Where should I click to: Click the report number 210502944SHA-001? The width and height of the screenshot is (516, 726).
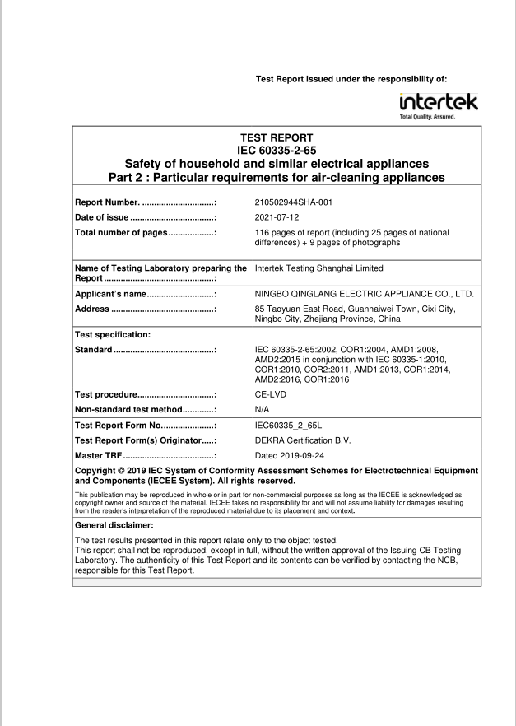click(294, 202)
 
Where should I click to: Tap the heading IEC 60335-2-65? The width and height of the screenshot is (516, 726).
click(277, 149)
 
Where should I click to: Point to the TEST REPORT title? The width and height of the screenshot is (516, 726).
click(277, 137)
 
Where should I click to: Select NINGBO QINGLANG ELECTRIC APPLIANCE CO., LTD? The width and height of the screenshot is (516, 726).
click(365, 294)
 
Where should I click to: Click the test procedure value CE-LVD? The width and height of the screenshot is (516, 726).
click(271, 394)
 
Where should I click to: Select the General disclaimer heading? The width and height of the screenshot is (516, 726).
click(120, 524)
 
